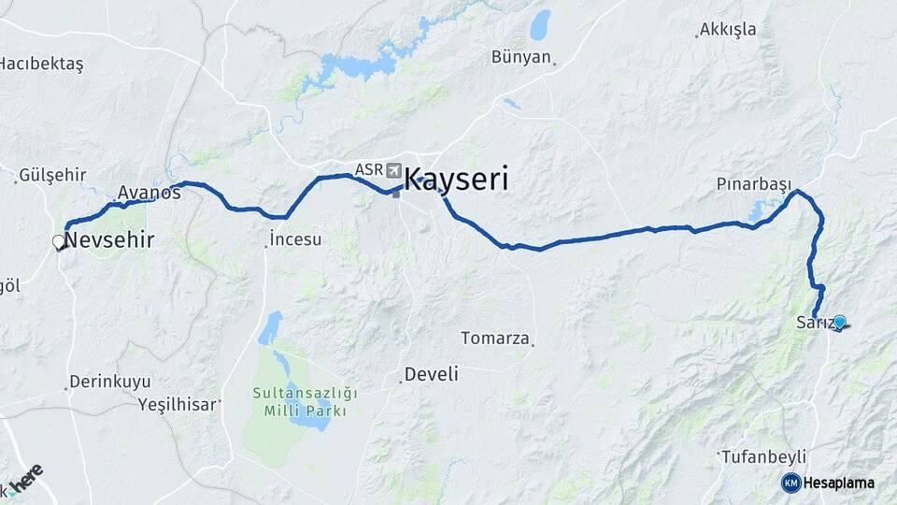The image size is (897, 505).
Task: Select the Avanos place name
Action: click(149, 193)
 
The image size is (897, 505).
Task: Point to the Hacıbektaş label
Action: click(41, 64)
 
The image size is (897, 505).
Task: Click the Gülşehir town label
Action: click(52, 175)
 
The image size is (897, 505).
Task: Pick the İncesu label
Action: click(295, 239)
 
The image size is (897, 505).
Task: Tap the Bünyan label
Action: click(521, 57)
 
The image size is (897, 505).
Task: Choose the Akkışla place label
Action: click(728, 30)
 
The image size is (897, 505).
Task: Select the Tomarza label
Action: click(496, 338)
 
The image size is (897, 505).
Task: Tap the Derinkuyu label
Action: click(108, 382)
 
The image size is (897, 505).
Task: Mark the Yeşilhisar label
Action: click(178, 404)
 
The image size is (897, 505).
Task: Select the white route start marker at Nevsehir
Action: click(59, 242)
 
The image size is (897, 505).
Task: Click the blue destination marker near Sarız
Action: click(839, 323)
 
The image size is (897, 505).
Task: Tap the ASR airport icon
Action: click(392, 170)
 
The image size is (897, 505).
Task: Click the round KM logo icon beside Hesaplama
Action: click(790, 483)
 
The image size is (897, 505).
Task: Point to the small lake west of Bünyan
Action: click(540, 25)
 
